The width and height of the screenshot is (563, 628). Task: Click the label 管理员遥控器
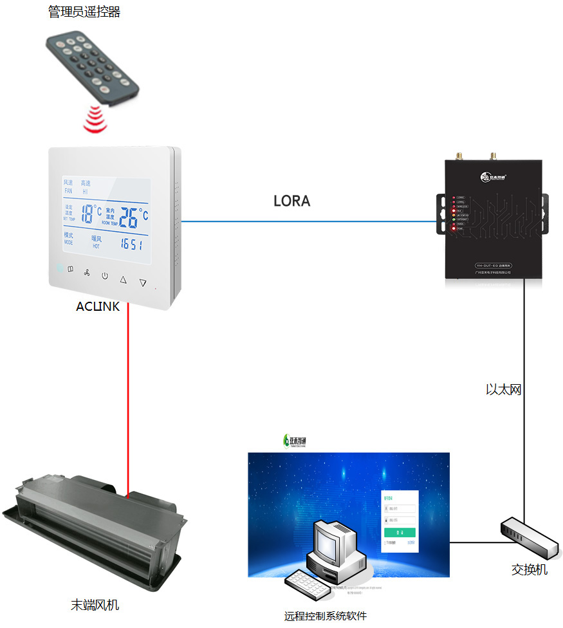(x=84, y=12)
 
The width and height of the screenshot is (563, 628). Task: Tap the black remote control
(x=91, y=68)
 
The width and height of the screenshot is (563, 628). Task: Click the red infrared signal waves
(x=95, y=120)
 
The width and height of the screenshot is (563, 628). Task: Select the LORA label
(x=291, y=201)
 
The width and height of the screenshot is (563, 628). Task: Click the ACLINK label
(x=98, y=306)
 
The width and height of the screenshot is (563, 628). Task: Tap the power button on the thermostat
(x=104, y=276)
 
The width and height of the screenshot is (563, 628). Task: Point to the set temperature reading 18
(x=88, y=213)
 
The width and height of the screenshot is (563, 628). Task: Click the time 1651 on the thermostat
(x=131, y=245)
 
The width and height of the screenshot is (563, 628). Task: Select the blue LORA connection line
(x=309, y=222)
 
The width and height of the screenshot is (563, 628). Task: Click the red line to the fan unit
(x=128, y=399)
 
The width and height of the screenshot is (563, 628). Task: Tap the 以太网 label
(x=503, y=389)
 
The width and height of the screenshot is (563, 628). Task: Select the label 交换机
(x=530, y=569)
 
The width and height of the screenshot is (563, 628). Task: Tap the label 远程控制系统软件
(x=326, y=616)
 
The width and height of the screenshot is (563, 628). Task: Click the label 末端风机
(x=95, y=605)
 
